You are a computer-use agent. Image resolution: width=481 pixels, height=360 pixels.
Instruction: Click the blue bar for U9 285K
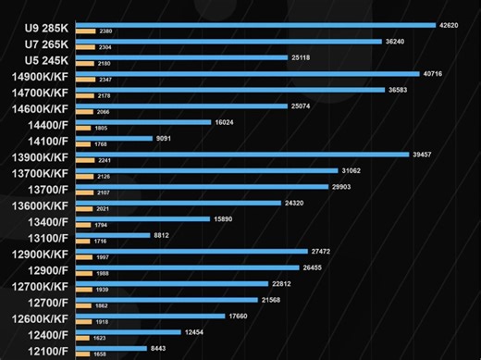click(x=254, y=25)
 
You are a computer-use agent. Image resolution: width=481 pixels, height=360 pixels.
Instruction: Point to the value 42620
click(x=450, y=25)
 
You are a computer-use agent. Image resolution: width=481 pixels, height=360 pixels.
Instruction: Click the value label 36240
click(x=398, y=41)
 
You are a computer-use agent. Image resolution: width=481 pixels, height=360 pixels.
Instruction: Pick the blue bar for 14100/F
click(x=114, y=138)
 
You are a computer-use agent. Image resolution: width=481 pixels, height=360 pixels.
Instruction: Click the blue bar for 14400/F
click(x=142, y=122)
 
